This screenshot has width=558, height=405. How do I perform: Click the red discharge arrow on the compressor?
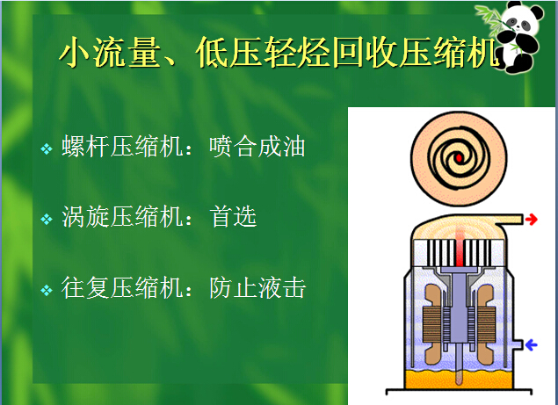(531, 219)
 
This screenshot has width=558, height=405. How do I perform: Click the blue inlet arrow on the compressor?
(531, 344)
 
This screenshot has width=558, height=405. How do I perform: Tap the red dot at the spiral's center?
(459, 157)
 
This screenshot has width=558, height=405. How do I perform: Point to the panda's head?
(523, 18)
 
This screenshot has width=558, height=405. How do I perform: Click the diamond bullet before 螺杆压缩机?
(47, 148)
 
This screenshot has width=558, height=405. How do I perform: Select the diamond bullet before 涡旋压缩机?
(47, 219)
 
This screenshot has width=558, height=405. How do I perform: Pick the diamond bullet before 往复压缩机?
(47, 290)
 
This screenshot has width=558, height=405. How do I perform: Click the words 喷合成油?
(257, 146)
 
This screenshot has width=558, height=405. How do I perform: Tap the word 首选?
(233, 216)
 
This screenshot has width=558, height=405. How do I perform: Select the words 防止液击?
(257, 287)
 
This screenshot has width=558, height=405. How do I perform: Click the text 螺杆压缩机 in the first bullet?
(123, 146)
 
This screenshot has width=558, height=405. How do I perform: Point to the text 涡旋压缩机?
(123, 216)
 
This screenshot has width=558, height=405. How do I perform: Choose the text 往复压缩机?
(123, 287)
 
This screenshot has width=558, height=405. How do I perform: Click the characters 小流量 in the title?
(110, 53)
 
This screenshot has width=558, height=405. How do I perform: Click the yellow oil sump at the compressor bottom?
(459, 380)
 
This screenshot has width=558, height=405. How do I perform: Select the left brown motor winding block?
(431, 324)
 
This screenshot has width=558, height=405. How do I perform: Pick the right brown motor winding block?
(486, 324)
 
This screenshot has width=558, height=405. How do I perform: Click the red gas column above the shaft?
(460, 246)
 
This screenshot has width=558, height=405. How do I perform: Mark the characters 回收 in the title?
(366, 53)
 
